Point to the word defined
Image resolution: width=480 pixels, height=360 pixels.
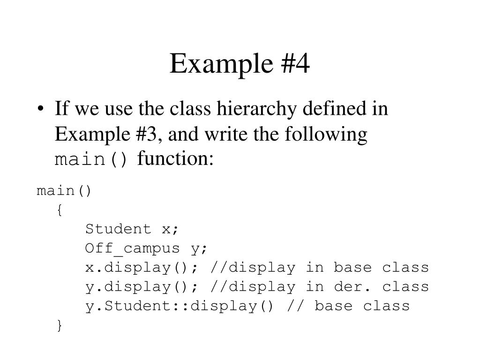pos(330,110)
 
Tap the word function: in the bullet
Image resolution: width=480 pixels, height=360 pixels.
pos(175,160)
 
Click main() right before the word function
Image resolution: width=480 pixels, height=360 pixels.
pos(91,160)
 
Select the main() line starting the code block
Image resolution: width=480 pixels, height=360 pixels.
pos(64,191)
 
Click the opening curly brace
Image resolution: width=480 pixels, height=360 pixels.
pos(59,210)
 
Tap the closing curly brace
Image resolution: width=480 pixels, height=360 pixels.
pos(59,325)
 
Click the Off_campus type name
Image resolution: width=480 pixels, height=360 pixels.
pos(132,248)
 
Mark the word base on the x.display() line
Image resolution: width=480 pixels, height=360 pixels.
pos(352,268)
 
